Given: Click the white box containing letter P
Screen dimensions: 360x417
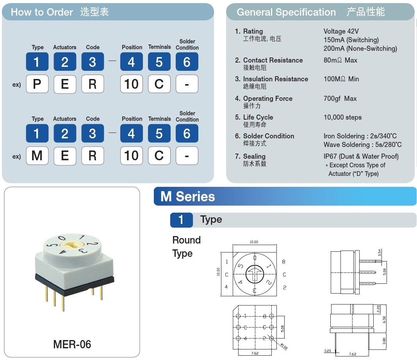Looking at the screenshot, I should [37, 84].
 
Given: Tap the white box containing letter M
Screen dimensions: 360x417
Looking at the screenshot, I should [37, 156].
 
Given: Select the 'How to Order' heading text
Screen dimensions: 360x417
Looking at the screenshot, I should [42, 12].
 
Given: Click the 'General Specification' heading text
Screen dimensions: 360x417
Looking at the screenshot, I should [286, 12].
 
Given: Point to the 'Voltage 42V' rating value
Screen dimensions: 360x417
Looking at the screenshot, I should [341, 31].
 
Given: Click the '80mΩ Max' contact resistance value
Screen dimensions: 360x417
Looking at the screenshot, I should [340, 60].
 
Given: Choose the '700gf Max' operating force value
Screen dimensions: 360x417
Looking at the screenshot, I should [340, 99].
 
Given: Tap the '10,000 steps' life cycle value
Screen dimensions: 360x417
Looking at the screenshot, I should [342, 117].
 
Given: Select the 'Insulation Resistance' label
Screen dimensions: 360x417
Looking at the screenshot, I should [275, 79].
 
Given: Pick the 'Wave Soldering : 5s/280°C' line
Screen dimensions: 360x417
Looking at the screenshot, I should [362, 145].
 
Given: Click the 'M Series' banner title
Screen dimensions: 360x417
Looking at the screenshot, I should [188, 196].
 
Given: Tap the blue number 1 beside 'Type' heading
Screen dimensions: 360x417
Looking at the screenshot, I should [181, 220].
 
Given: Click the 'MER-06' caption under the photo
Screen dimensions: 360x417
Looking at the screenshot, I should [72, 344].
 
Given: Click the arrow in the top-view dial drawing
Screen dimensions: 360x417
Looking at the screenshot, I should [255, 272].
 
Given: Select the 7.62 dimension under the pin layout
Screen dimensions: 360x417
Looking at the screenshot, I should [255, 353].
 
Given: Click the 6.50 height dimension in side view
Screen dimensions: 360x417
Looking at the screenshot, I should [384, 319].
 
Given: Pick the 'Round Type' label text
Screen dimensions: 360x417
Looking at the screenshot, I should [186, 247].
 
